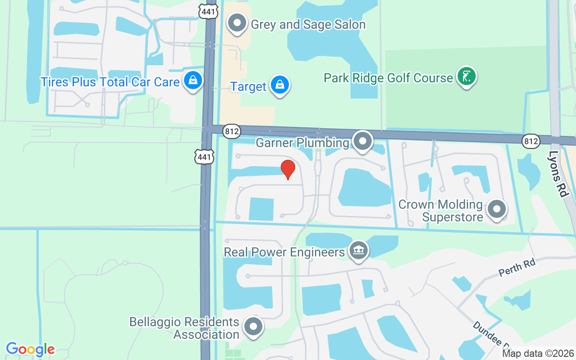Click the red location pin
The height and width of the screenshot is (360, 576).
point(288,169)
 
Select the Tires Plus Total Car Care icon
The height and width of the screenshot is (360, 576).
point(193,81)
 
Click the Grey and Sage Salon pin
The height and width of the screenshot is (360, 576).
point(237,22)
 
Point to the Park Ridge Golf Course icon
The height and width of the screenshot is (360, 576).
point(467,76)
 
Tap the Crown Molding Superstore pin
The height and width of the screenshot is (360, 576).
point(497,209)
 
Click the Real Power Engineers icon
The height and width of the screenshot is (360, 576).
point(358,250)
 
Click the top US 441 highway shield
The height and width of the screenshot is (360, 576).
point(209,10)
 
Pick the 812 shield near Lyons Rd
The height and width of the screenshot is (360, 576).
point(531,141)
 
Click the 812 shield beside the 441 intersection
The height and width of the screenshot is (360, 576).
point(232,131)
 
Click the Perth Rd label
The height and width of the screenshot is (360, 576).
point(517,268)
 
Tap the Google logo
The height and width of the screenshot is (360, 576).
point(30,349)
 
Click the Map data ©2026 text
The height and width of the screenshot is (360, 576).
point(538,354)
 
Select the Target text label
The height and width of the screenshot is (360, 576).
point(248,86)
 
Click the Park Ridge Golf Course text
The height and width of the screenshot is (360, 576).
point(388,78)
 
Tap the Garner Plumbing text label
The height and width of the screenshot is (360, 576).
point(302,143)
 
